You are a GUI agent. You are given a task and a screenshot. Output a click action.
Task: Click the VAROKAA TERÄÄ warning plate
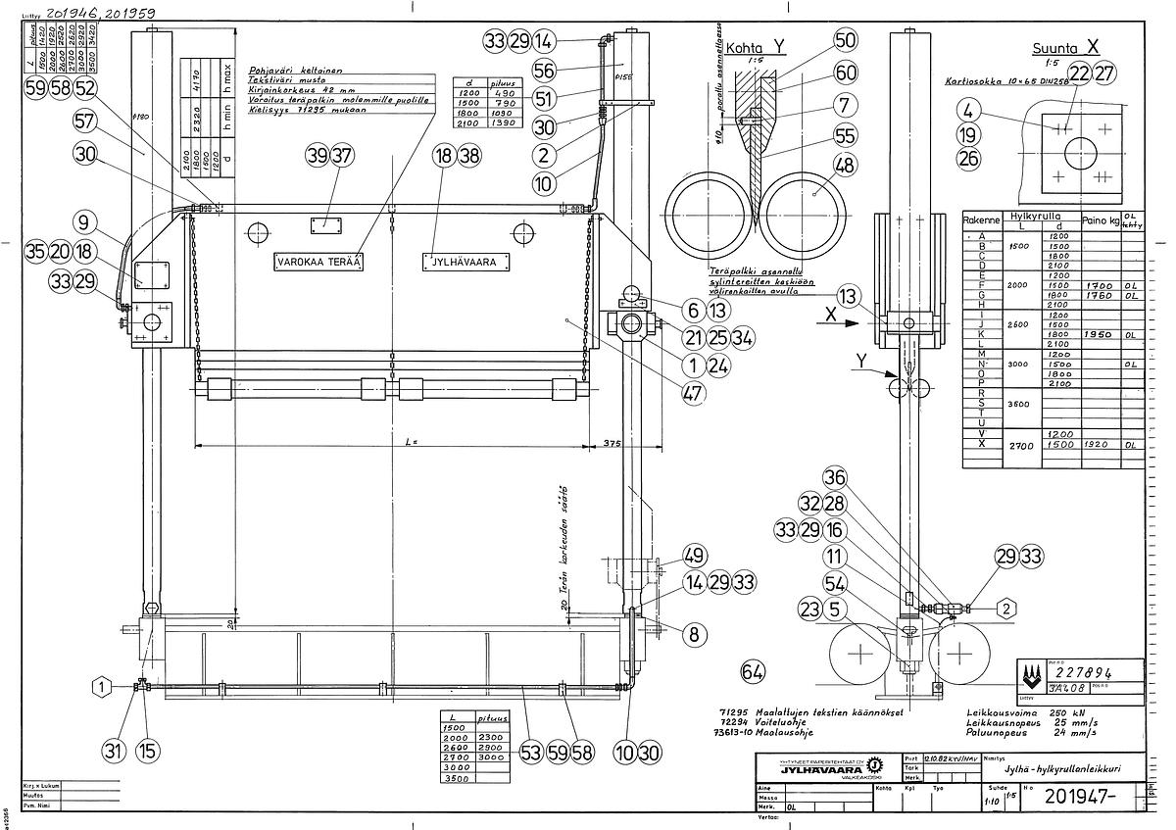pos(318,263)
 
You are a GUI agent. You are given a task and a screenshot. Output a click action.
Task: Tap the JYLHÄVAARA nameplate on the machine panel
pos(467,262)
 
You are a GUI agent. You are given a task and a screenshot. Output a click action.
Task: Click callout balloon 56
pos(544,70)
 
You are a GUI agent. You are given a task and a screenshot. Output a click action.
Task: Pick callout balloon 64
pos(753,672)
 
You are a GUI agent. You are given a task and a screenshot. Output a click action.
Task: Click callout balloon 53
pos(530,753)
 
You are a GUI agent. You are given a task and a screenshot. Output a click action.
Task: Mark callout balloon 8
pos(694,634)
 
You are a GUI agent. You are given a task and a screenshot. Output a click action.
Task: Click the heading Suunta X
pos(1066,48)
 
